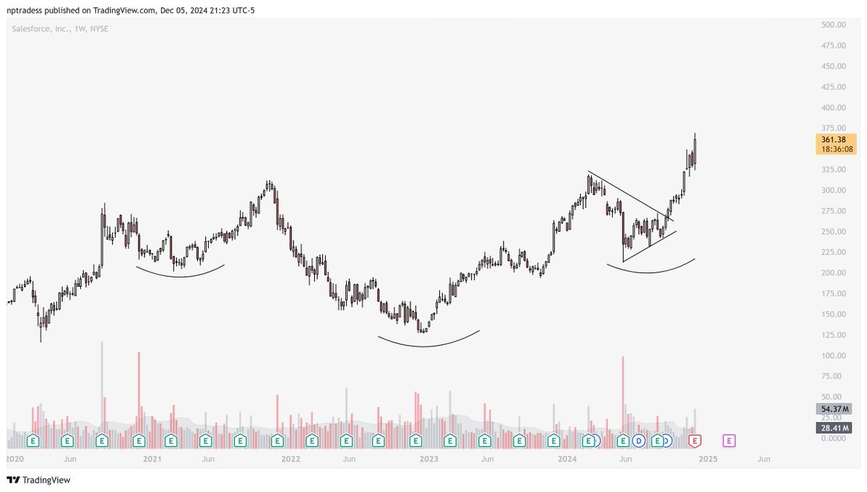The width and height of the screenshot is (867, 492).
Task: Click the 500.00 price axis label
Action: [833, 25]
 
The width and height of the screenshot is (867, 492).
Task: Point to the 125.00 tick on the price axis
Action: [833, 335]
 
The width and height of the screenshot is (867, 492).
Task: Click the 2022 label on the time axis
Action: [290, 459]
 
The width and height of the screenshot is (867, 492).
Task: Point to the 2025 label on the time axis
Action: [708, 459]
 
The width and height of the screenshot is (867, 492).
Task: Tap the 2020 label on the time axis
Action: [14, 459]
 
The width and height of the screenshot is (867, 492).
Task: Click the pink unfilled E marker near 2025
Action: [729, 440]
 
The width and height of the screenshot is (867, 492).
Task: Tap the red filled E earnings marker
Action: [695, 440]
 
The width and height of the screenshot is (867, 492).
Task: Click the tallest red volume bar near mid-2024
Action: [622, 390]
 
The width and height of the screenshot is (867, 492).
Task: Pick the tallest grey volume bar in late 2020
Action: [102, 383]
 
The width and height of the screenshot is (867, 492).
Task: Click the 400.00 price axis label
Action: [833, 108]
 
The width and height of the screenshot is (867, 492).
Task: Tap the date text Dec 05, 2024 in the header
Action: [184, 10]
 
